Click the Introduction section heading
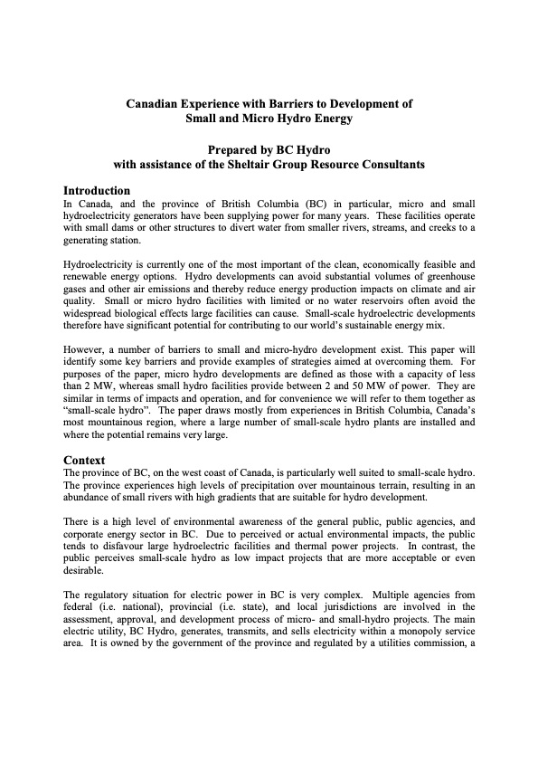point(97,191)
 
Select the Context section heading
point(84,460)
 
